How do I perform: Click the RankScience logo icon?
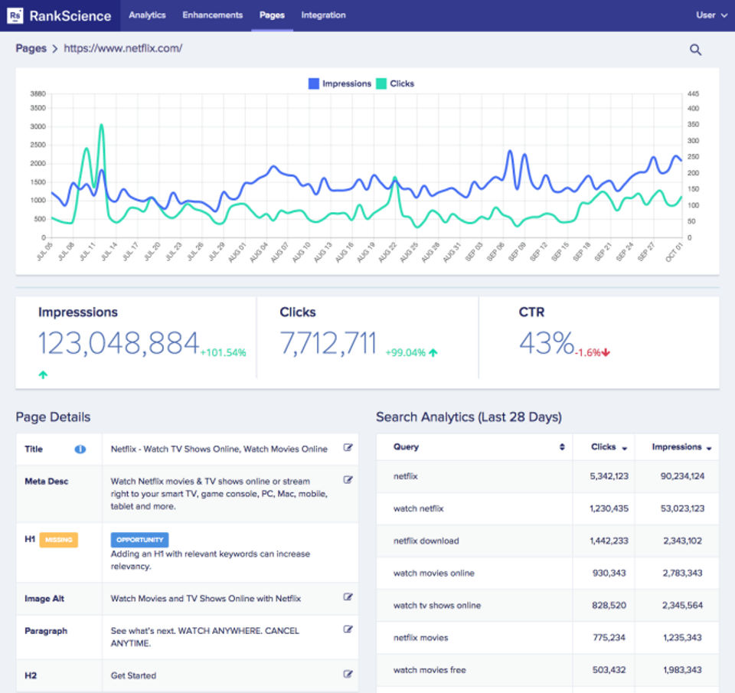(15, 15)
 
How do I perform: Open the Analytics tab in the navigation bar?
(147, 15)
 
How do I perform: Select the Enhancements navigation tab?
(212, 15)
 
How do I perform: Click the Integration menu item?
(323, 15)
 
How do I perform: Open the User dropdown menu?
(711, 15)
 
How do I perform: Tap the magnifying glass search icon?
(696, 49)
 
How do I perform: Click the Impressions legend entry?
(340, 83)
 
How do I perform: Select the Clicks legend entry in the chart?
(395, 83)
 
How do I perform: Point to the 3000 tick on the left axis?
(38, 126)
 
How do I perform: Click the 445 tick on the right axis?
(694, 93)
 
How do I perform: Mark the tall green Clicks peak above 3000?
(101, 125)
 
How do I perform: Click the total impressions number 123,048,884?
(119, 343)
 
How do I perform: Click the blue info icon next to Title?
(80, 449)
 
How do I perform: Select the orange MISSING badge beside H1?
(59, 540)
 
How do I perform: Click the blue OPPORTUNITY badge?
(139, 540)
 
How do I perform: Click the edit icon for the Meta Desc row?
(348, 479)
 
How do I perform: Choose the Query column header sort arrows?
(562, 447)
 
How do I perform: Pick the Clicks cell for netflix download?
(609, 541)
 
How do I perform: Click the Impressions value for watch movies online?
(682, 573)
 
